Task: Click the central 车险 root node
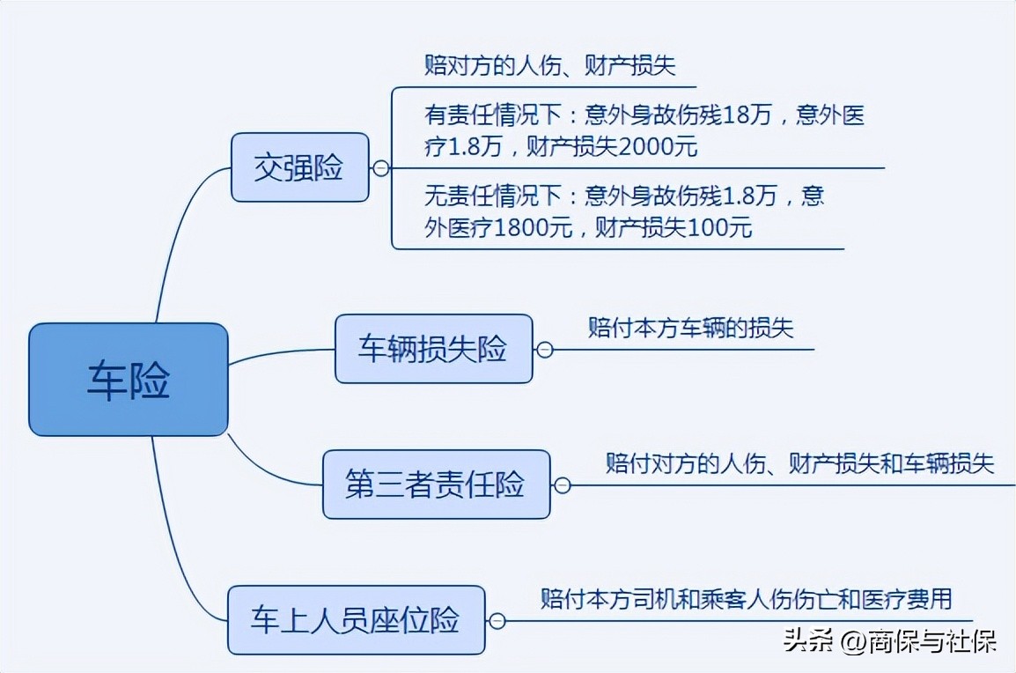pyautogui.click(x=129, y=380)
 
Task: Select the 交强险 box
pyautogui.click(x=299, y=167)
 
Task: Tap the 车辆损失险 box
pyautogui.click(x=433, y=349)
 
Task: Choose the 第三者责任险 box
pyautogui.click(x=435, y=484)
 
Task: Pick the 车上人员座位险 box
pyautogui.click(x=356, y=620)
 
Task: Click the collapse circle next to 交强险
pyautogui.click(x=380, y=168)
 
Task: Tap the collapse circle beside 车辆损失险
pyautogui.click(x=544, y=350)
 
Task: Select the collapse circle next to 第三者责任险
pyautogui.click(x=562, y=485)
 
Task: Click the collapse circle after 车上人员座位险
pyautogui.click(x=497, y=621)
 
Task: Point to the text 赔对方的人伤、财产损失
pyautogui.click(x=549, y=66)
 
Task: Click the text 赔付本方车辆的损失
pyautogui.click(x=690, y=329)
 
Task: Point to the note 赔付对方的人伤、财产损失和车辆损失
pyautogui.click(x=799, y=462)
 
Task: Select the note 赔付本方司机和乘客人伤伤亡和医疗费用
pyautogui.click(x=746, y=599)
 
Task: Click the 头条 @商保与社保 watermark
pyautogui.click(x=889, y=641)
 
